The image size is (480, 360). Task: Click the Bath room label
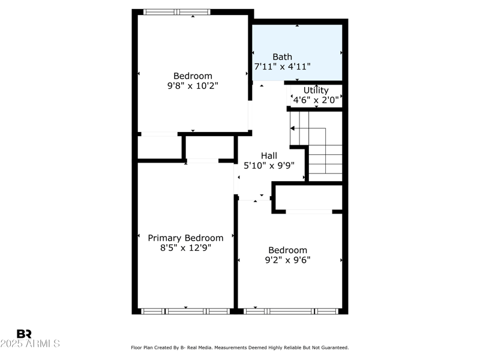tap(282, 57)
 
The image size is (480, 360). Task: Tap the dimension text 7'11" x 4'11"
tap(282, 67)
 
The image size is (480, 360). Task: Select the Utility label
tap(316, 91)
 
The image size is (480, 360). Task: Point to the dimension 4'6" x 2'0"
tap(316, 100)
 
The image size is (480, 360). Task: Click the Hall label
tap(269, 156)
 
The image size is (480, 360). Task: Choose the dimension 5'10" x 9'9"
tap(269, 166)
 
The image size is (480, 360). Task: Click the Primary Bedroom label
tap(185, 238)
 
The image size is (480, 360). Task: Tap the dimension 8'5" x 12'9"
tap(185, 247)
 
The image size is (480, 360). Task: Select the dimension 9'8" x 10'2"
tap(193, 85)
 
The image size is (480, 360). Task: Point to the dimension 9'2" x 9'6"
tap(287, 260)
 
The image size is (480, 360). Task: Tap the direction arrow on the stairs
tap(293, 128)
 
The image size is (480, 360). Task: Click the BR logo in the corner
tap(24, 334)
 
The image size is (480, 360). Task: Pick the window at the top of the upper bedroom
tap(178, 11)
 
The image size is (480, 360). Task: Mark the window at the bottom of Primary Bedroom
tap(185, 311)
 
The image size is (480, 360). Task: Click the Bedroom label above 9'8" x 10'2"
tap(193, 76)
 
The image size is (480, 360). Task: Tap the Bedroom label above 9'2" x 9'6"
tap(287, 250)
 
